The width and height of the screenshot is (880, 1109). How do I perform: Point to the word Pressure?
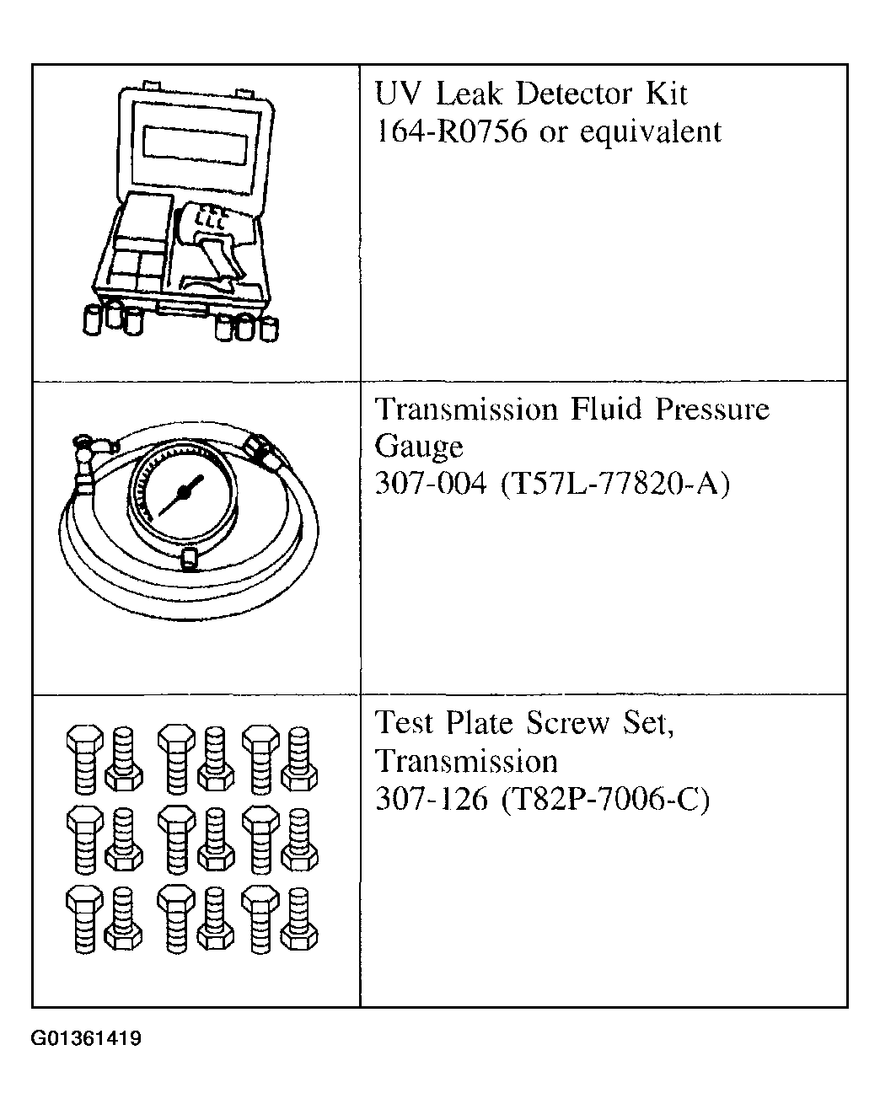pos(712,410)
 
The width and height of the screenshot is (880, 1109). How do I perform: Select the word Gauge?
pos(419,447)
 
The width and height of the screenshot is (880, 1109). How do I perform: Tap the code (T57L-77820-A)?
pos(614,485)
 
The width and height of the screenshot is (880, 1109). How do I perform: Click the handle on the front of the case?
pos(181,310)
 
